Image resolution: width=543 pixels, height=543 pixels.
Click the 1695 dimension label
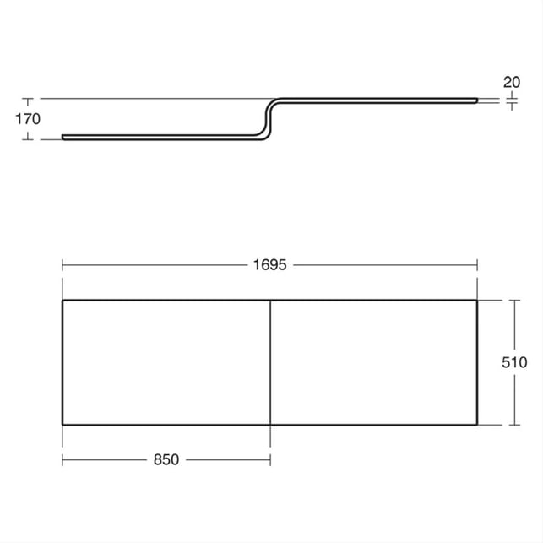click(x=269, y=265)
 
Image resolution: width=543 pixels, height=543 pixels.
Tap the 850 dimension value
click(x=166, y=460)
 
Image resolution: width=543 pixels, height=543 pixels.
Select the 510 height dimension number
click(x=514, y=362)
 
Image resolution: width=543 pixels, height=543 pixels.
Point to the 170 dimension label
click(x=28, y=119)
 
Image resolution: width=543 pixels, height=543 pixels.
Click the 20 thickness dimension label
click(x=512, y=83)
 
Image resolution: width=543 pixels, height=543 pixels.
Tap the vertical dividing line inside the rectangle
click(x=270, y=362)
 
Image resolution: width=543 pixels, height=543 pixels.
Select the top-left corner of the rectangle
click(x=62, y=301)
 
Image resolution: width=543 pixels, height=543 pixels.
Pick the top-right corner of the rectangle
click(x=477, y=301)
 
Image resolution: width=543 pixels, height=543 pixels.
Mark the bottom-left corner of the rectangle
click(x=62, y=425)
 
